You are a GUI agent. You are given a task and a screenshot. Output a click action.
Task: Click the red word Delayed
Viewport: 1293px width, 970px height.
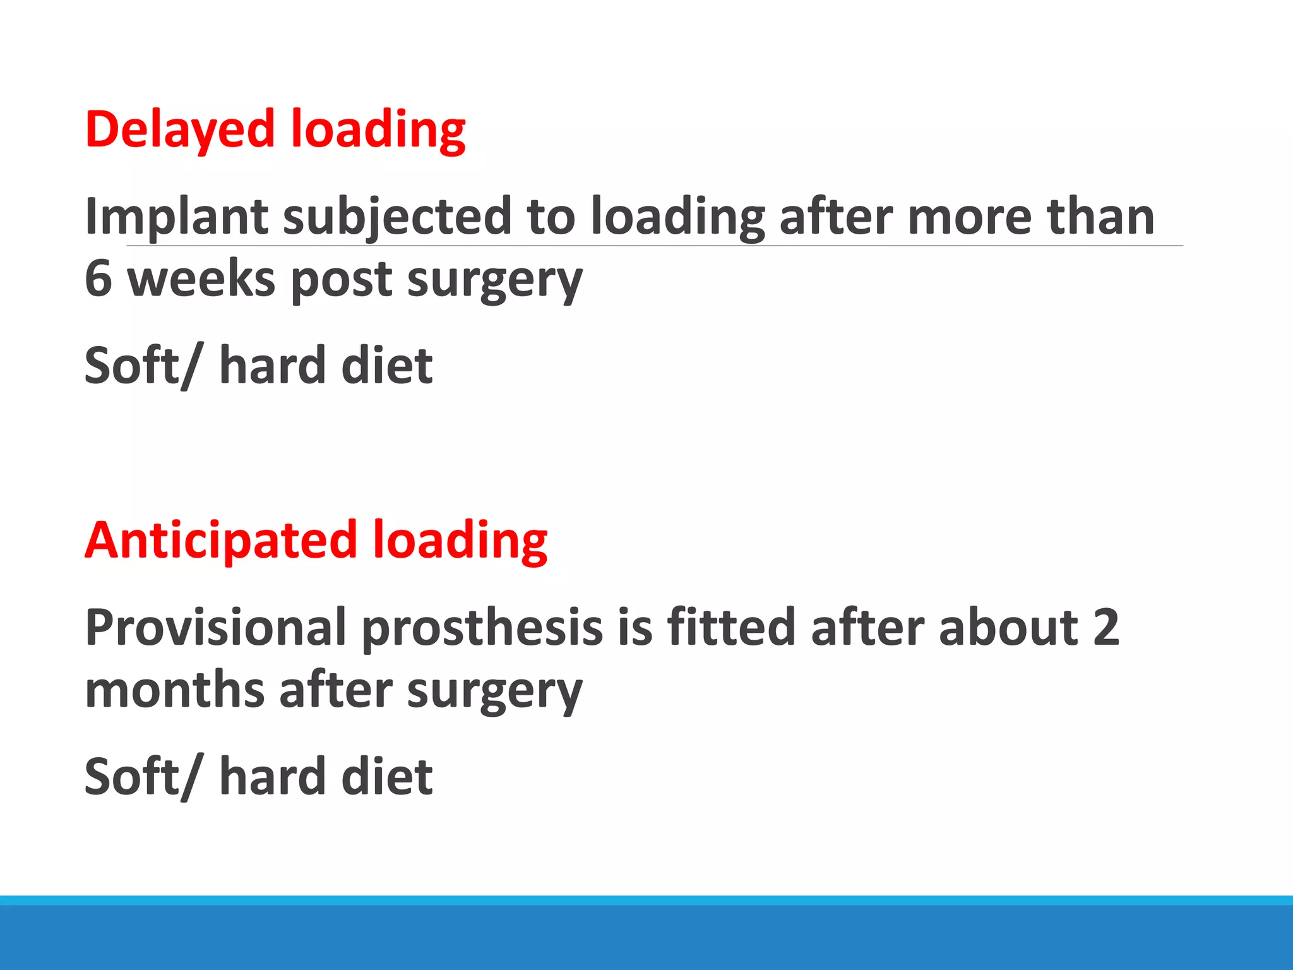pyautogui.click(x=180, y=129)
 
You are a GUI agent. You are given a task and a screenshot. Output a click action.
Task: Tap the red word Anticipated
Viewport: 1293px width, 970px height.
pyautogui.click(x=221, y=541)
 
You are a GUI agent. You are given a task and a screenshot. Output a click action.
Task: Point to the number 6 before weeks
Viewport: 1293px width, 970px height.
pyautogui.click(x=99, y=278)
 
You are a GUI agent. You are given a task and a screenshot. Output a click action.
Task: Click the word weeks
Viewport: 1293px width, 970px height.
pyautogui.click(x=201, y=278)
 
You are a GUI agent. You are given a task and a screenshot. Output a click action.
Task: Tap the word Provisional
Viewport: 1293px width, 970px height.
pyautogui.click(x=216, y=627)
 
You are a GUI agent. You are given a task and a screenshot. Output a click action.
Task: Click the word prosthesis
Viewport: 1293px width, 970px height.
pyautogui.click(x=482, y=627)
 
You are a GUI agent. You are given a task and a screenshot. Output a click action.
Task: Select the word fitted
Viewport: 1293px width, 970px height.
pyautogui.click(x=731, y=627)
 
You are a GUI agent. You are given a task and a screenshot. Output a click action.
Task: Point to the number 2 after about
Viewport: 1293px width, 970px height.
pyautogui.click(x=1105, y=627)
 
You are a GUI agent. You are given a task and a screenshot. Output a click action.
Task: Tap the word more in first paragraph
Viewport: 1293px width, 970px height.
pyautogui.click(x=970, y=217)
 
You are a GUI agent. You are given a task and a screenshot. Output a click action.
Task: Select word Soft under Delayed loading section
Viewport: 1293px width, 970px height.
pyautogui.click(x=133, y=366)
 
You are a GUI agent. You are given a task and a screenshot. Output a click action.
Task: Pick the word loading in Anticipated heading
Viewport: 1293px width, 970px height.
pyautogui.click(x=460, y=541)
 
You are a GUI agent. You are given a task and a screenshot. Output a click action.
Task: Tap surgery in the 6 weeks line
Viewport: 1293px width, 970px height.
pyautogui.click(x=495, y=278)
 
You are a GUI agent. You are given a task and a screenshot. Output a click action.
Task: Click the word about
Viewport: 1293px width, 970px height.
pyautogui.click(x=1008, y=627)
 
